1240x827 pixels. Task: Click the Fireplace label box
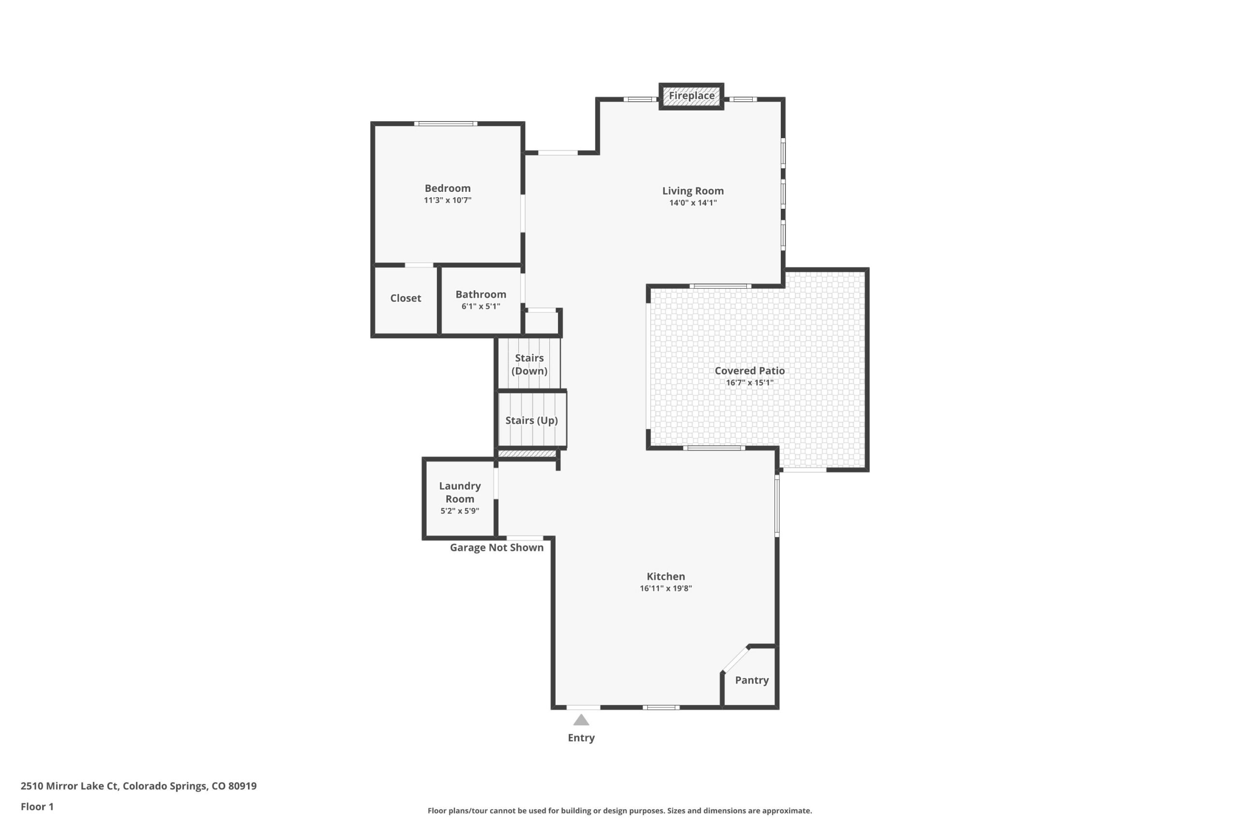coord(691,96)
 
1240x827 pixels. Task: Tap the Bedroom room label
coord(448,188)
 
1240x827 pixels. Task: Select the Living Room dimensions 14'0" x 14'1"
coord(693,203)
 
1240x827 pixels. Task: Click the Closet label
coord(405,298)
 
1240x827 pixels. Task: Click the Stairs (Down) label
coord(529,364)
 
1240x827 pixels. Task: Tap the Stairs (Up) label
coord(531,421)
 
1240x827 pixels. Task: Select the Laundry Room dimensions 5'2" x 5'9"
coord(460,511)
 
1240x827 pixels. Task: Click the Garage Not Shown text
coord(496,547)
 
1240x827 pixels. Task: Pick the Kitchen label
coord(666,577)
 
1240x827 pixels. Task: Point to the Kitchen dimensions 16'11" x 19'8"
coord(666,589)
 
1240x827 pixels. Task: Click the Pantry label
coord(752,680)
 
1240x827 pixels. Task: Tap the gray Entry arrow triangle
coord(581,720)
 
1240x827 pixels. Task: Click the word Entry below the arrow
coord(581,738)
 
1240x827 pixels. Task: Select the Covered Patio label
coord(750,371)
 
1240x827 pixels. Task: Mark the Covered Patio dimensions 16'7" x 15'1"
coord(750,383)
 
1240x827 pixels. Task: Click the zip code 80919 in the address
coord(243,786)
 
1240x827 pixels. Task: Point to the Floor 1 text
coord(37,807)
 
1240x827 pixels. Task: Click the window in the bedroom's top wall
coord(446,124)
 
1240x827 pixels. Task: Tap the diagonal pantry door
coord(735,659)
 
